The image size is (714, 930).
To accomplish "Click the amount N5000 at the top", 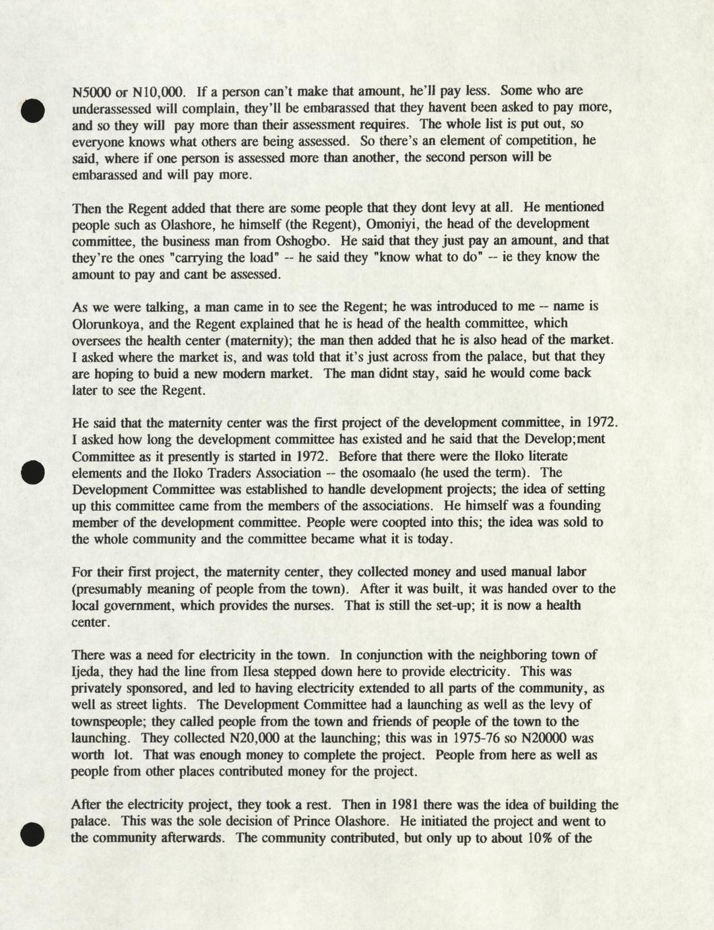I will coord(92,91).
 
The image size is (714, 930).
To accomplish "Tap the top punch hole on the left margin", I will coord(32,111).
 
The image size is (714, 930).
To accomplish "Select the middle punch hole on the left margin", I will coord(32,472).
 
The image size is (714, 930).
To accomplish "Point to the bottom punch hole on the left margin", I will coord(32,834).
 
